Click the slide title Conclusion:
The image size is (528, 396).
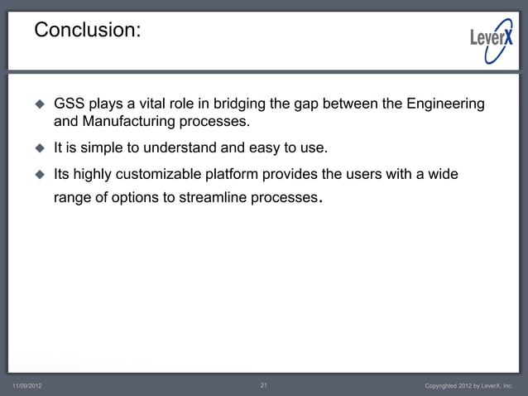(87, 31)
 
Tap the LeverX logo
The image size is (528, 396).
(491, 36)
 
